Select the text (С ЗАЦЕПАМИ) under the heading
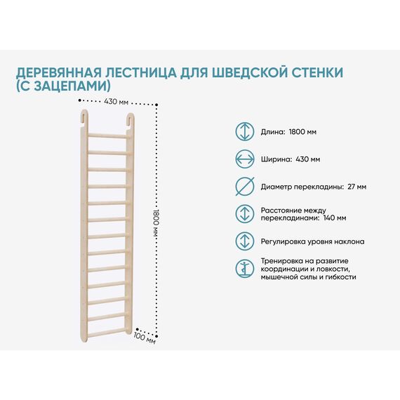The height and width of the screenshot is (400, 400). [64, 86]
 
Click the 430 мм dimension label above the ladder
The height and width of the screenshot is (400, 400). [116, 102]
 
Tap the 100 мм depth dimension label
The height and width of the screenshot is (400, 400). [145, 338]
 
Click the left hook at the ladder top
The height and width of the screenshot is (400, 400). [84, 117]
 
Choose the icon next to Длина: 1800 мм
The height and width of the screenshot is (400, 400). [245, 132]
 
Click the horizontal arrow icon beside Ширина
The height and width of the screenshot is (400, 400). [245, 159]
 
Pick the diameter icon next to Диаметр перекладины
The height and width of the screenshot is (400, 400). [245, 186]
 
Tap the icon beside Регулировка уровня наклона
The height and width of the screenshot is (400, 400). [245, 241]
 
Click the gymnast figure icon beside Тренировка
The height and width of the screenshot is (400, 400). [245, 268]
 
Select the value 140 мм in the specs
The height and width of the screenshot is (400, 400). [335, 218]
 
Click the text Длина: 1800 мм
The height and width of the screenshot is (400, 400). [288, 132]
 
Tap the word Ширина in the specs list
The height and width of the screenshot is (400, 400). [276, 160]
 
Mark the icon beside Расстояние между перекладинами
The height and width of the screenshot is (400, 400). [245, 213]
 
